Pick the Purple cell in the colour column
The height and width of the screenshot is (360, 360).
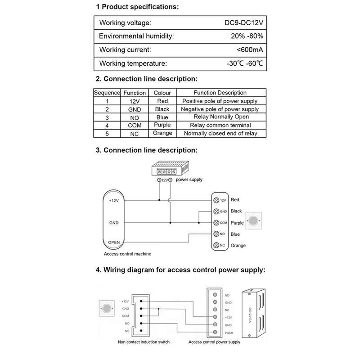tap(162, 125)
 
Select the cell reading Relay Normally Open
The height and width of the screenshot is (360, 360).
tap(220, 117)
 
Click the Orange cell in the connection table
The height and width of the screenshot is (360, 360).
tap(162, 133)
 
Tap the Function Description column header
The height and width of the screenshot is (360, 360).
tap(220, 93)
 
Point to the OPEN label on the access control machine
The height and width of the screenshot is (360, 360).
tap(113, 242)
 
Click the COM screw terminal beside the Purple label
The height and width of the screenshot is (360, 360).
tap(216, 223)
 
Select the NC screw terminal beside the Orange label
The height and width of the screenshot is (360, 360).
tap(216, 245)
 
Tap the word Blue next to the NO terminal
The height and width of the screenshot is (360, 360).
tap(235, 234)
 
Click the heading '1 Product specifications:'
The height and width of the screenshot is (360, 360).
tap(137, 7)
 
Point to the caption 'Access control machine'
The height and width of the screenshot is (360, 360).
tap(127, 254)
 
